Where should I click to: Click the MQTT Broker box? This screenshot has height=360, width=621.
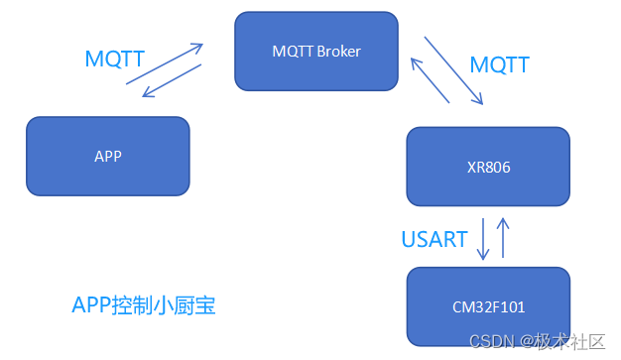point(315,51)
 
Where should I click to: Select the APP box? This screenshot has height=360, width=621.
point(107,155)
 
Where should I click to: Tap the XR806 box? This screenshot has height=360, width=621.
point(488,168)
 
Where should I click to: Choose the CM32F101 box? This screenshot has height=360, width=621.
point(488,306)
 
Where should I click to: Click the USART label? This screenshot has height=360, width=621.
point(435,239)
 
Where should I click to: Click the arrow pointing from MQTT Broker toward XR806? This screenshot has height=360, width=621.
point(453,70)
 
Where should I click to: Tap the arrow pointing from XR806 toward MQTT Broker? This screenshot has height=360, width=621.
point(432,80)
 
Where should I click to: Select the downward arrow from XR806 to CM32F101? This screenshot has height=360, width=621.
point(483,240)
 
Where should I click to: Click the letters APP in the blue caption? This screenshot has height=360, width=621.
point(94,304)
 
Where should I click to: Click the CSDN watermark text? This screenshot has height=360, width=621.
point(490,341)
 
